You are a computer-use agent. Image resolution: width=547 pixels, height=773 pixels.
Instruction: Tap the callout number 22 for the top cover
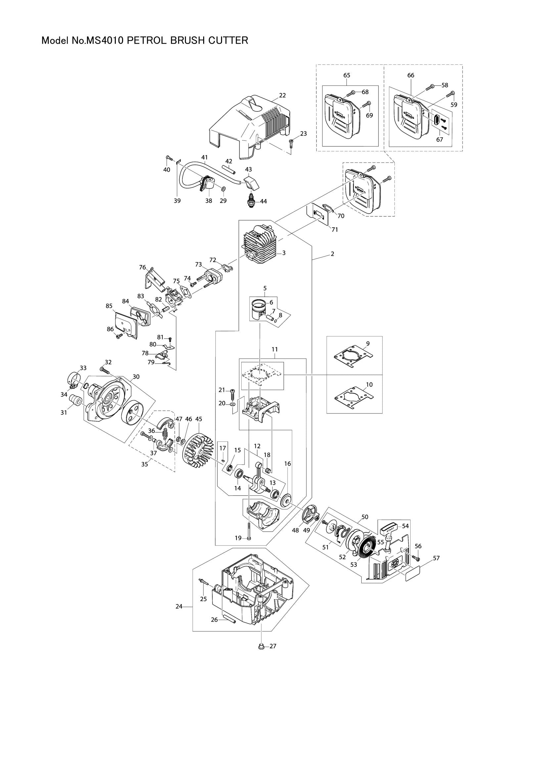282,95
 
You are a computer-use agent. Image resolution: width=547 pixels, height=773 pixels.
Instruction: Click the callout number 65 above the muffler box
347,75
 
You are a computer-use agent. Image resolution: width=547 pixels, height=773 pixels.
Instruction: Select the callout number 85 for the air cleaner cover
109,306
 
